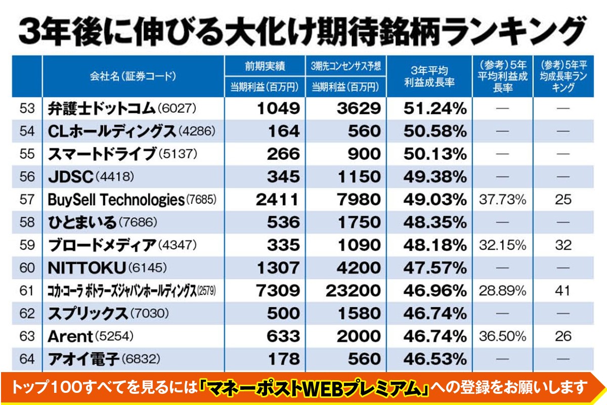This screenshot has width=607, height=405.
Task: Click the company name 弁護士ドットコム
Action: pyautogui.click(x=101, y=108)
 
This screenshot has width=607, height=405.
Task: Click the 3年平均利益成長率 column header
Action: pyautogui.click(x=429, y=76)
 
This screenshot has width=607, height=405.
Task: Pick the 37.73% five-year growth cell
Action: pyautogui.click(x=502, y=199)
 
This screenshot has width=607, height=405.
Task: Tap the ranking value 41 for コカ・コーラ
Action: pyautogui.click(x=562, y=291)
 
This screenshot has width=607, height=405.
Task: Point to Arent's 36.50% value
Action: pyautogui.click(x=502, y=336)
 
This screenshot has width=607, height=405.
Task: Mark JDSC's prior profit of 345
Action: pyautogui.click(x=282, y=177)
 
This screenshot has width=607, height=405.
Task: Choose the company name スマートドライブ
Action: pyautogui.click(x=101, y=154)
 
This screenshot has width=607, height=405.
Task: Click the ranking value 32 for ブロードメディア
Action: pyautogui.click(x=562, y=246)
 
